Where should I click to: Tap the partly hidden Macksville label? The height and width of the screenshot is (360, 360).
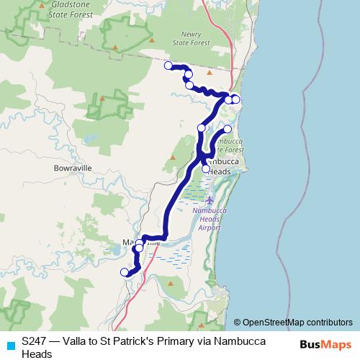[x=141, y=242]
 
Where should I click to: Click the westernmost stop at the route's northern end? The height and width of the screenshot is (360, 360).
[x=168, y=66]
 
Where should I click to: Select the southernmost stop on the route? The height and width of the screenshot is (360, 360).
[x=125, y=272]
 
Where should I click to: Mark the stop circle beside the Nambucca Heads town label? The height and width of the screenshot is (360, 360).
[x=206, y=168]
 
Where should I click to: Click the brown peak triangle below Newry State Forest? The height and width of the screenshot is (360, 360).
[x=210, y=72]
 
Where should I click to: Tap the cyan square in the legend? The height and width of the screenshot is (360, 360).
[x=9, y=345]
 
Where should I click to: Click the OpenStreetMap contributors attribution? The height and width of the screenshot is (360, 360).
[x=297, y=322]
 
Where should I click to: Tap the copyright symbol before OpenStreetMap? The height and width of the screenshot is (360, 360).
[x=238, y=322]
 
